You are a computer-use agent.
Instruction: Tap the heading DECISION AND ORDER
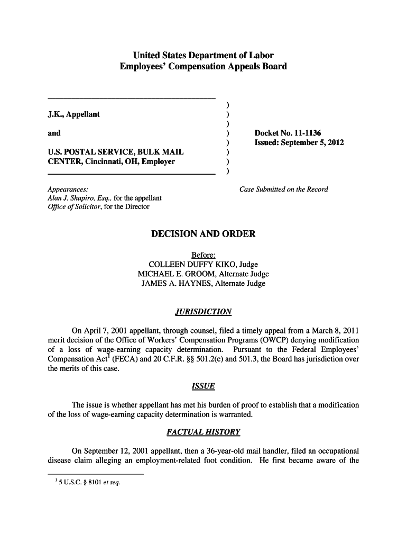point(203,234)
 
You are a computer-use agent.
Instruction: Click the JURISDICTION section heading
point(203,312)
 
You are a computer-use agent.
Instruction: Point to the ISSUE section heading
point(203,386)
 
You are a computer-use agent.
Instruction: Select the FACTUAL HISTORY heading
point(203,432)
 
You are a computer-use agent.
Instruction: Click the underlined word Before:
point(203,255)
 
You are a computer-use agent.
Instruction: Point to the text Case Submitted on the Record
point(284,189)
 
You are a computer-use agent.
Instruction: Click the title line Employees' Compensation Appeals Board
point(203,67)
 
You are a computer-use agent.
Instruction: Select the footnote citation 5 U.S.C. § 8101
point(78,482)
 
